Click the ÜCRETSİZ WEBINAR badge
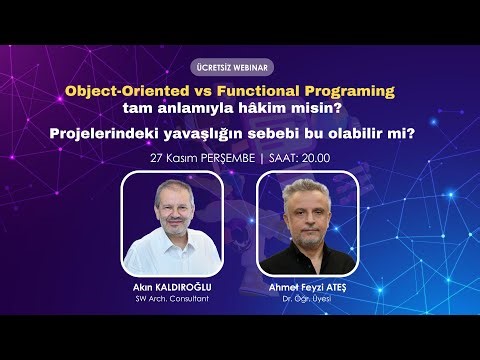tap(240, 68)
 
